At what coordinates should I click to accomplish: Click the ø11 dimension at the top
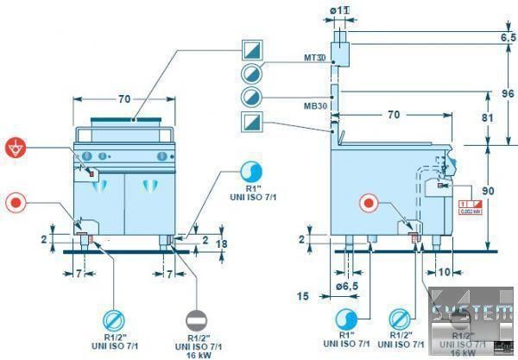[x=340, y=10]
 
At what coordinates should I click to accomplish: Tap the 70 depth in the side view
[x=393, y=113]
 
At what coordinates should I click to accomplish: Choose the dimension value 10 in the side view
[x=444, y=271]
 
